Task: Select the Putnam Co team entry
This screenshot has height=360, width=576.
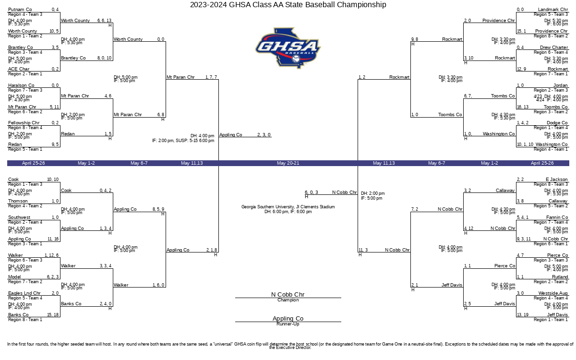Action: (x=20, y=10)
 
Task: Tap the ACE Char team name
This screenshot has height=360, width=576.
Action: (x=19, y=69)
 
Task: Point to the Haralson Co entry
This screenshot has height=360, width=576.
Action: (x=21, y=85)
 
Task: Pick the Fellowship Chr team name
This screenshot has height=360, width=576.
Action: (x=24, y=123)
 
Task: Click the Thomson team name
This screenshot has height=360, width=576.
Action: (x=18, y=201)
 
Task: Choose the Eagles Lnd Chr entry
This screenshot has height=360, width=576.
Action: (x=24, y=293)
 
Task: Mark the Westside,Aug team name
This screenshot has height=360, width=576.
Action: (x=553, y=293)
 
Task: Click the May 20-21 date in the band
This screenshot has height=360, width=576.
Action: (x=288, y=163)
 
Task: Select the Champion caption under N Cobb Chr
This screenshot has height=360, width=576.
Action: (x=288, y=300)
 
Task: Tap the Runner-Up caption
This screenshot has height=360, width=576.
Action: (x=288, y=324)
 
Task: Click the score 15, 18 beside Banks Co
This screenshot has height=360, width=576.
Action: (x=53, y=315)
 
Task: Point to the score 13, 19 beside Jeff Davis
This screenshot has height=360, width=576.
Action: (x=523, y=315)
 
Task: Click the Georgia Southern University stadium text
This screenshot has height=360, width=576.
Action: (x=288, y=207)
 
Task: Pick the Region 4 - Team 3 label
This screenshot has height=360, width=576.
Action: (x=25, y=14)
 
